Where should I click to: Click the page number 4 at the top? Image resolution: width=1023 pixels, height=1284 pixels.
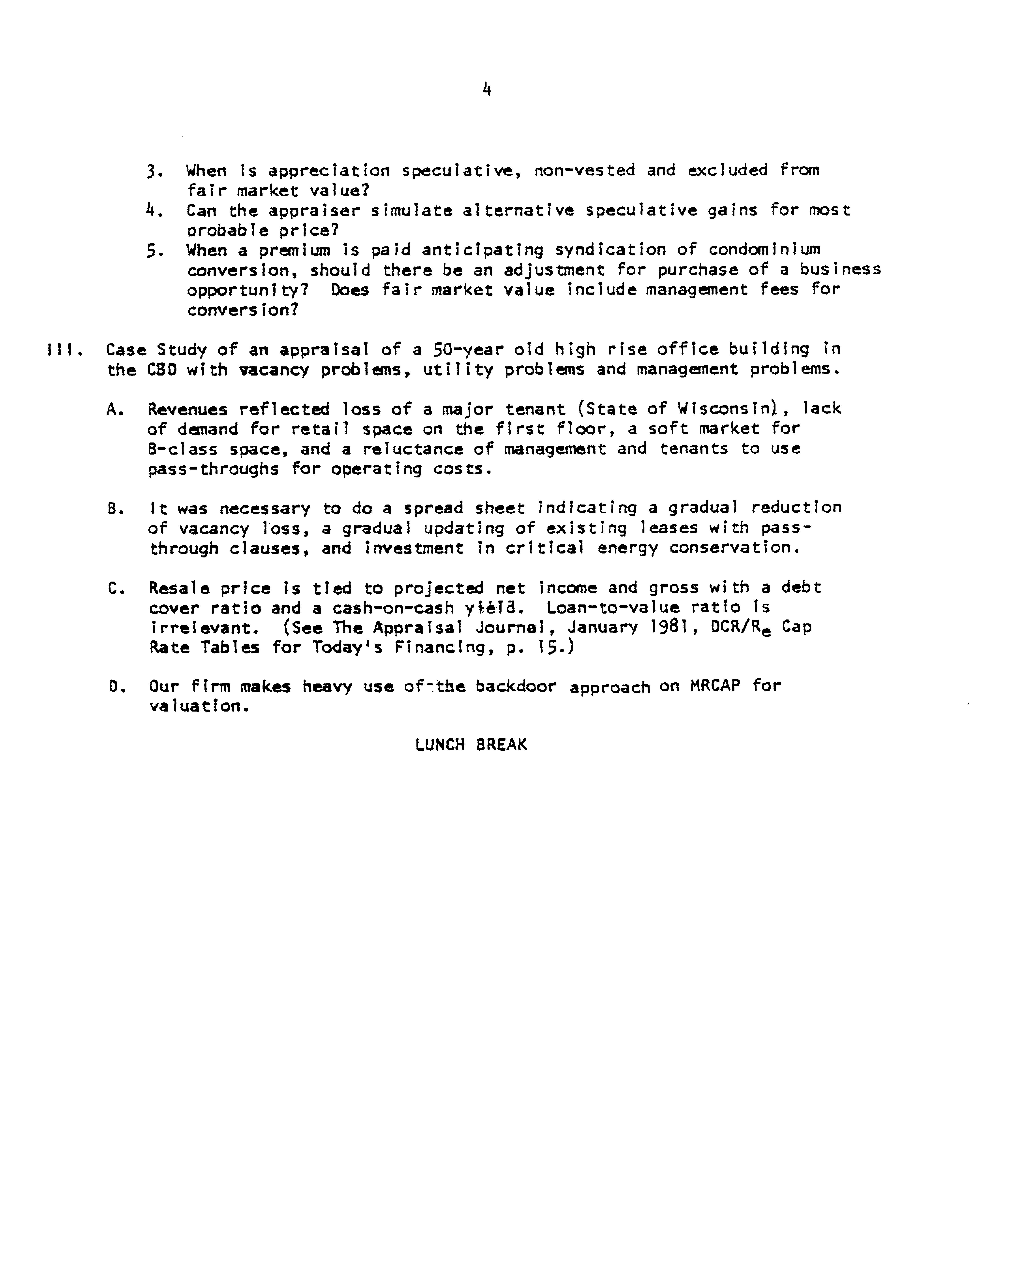pyautogui.click(x=487, y=90)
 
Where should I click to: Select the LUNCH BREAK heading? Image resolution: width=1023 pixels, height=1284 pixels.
pyautogui.click(x=471, y=745)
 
